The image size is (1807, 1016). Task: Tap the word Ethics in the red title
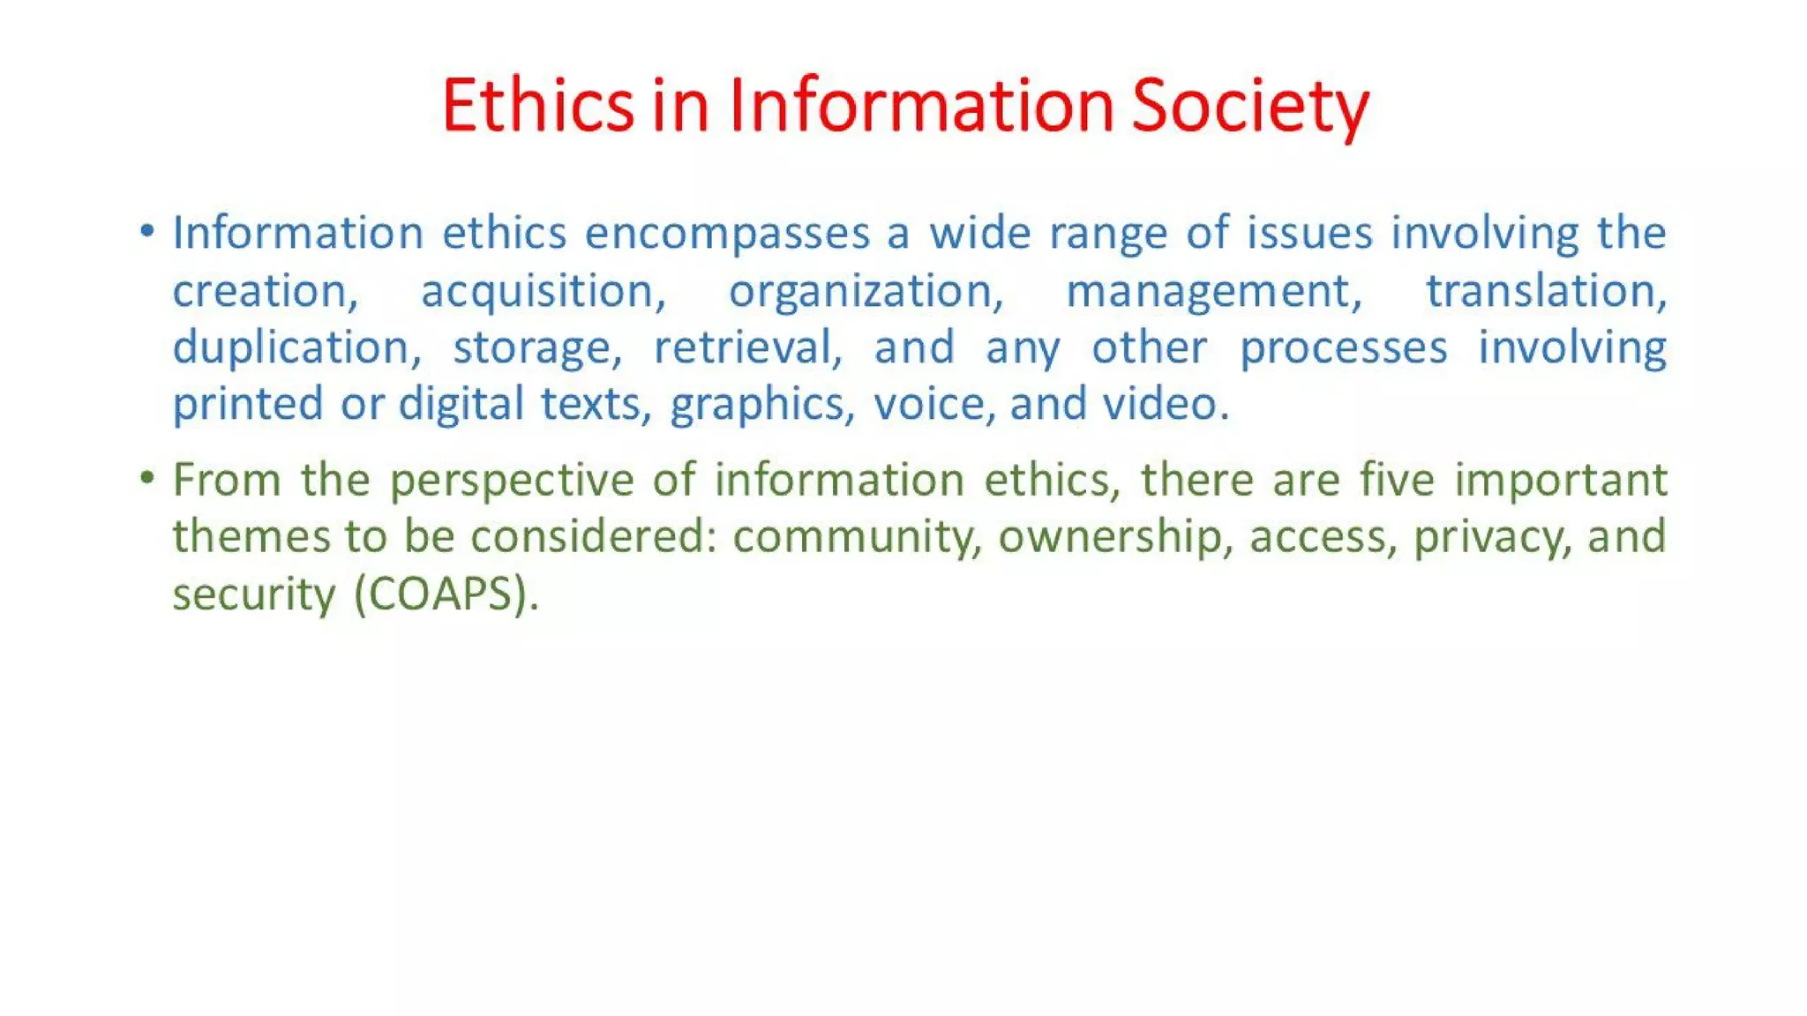(x=537, y=106)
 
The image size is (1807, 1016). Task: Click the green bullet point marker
(x=147, y=478)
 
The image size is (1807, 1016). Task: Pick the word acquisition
(x=542, y=292)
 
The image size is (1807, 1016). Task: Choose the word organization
(x=866, y=292)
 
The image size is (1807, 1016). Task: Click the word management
(x=1214, y=292)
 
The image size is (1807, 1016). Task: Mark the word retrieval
(x=747, y=347)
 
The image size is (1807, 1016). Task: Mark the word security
(x=254, y=594)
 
